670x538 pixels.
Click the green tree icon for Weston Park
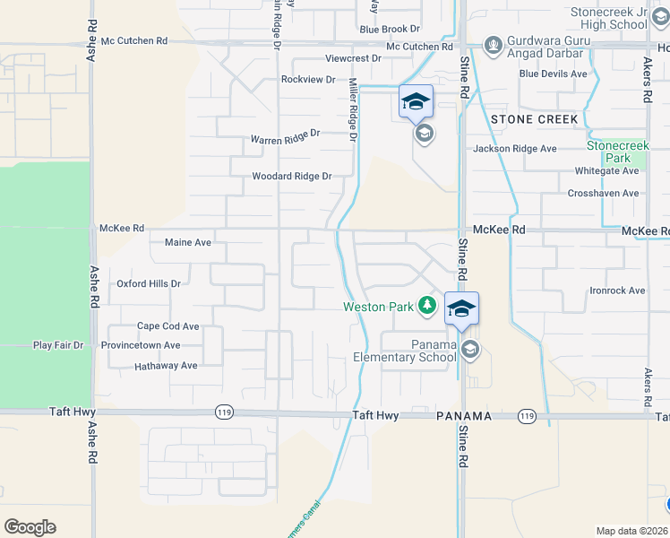[x=428, y=307]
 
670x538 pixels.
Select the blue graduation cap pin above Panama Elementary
[x=461, y=309]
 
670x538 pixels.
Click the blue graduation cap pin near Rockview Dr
[x=416, y=101]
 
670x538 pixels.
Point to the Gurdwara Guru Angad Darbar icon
[x=493, y=44]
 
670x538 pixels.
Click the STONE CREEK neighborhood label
[x=534, y=119]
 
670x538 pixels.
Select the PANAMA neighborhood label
[x=466, y=417]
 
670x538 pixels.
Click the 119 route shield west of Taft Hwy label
[x=224, y=412]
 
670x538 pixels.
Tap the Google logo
[x=30, y=527]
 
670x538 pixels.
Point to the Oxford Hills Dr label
[x=149, y=283]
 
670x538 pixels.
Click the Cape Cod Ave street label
[x=167, y=326]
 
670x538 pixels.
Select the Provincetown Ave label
[x=141, y=345]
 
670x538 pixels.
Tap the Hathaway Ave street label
[x=165, y=366]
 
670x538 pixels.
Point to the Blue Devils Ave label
[x=553, y=74]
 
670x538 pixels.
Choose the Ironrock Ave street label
[x=617, y=291]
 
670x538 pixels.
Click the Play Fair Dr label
[x=58, y=344]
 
